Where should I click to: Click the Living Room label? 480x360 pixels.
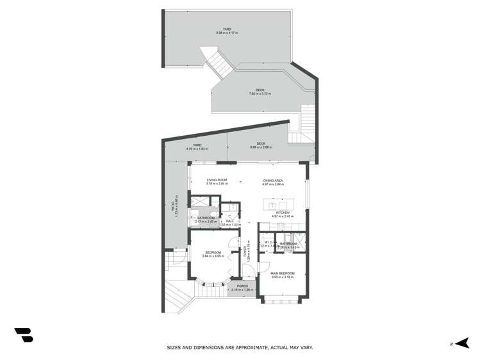217,180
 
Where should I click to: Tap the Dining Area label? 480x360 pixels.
273,181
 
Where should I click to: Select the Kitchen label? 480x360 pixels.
283,212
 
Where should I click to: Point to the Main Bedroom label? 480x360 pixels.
282,274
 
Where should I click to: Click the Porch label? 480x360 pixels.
242,286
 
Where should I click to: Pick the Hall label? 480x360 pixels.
229,221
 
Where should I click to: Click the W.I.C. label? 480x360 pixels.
269,242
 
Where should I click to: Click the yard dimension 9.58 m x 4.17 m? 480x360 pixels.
226,33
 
